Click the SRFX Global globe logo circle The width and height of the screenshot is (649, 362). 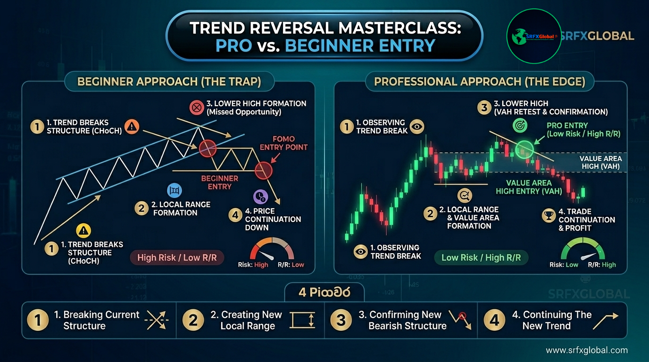(533, 35)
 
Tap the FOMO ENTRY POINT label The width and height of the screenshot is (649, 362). (283, 143)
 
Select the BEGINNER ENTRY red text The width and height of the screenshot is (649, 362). (219, 182)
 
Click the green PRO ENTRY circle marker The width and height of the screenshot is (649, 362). (525, 148)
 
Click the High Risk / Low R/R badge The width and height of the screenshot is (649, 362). (177, 258)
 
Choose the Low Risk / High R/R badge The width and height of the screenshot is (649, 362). (481, 258)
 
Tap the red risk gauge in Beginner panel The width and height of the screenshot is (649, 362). (271, 249)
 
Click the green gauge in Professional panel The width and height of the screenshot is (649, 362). (582, 249)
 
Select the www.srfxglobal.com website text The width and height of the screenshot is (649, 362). (586, 350)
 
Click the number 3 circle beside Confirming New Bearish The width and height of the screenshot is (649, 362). (341, 321)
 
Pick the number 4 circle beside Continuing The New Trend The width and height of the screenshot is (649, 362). (494, 321)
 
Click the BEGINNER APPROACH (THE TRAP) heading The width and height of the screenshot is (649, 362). (169, 82)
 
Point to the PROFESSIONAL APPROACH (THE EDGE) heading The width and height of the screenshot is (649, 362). (480, 82)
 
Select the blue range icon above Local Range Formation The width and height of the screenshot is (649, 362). (175, 191)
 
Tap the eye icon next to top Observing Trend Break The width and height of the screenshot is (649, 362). (417, 126)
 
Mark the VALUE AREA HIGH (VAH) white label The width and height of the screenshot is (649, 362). (600, 163)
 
